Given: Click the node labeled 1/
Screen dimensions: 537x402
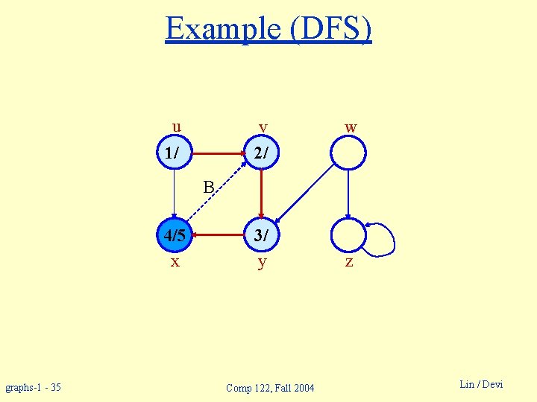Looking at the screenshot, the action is point(174,153).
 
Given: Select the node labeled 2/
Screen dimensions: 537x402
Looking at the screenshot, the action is point(262,153).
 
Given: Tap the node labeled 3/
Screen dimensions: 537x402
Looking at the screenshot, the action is point(262,237).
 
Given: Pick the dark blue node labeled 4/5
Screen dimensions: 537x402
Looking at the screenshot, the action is point(175,237).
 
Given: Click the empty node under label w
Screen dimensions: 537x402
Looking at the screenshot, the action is point(348,153).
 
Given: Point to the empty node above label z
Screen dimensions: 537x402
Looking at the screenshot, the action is point(348,237).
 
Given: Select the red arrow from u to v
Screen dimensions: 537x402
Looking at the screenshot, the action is point(218,153).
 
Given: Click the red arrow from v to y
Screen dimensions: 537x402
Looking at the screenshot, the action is point(262,195).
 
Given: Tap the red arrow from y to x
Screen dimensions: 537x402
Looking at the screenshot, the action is point(218,237).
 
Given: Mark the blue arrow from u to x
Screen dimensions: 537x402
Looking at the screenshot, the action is point(174,195).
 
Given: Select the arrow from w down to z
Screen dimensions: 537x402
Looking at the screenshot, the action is point(348,195).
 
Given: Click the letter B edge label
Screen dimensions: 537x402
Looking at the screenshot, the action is point(209,186).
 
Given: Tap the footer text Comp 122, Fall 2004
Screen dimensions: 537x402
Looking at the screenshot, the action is point(270,388).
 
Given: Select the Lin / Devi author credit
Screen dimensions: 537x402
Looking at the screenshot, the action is point(481,384).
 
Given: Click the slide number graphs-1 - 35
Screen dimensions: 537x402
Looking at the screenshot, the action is point(34,387).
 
